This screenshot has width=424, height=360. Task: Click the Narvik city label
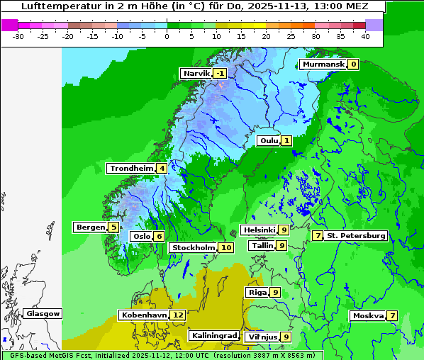196,74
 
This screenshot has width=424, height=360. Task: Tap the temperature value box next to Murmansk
353,64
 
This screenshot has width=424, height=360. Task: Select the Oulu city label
269,140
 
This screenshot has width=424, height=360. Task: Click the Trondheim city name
131,169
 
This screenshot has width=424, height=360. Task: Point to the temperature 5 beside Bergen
113,227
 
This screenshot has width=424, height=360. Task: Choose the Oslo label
141,237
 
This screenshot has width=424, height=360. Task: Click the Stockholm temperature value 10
225,247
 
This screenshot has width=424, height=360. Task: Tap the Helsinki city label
258,230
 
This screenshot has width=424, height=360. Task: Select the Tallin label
262,245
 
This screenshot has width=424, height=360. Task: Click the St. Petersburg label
356,235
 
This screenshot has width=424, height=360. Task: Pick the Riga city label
257,292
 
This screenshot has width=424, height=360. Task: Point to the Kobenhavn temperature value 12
177,315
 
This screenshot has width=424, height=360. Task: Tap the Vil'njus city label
262,337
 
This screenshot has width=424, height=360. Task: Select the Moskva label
368,315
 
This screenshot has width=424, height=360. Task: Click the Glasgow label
43,313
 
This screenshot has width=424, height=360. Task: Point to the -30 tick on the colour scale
18,35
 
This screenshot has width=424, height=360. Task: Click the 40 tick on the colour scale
364,35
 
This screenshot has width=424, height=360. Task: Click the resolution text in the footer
267,355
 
